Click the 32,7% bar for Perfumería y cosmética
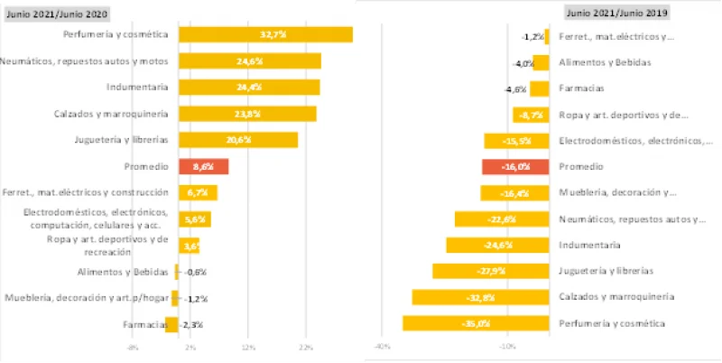[265, 34]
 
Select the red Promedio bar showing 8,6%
[203, 166]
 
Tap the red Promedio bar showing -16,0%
[516, 167]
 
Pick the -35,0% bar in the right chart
[476, 323]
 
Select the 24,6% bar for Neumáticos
[250, 60]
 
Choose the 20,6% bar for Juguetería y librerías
[238, 140]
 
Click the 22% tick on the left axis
[305, 347]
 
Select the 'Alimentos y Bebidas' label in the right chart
[605, 62]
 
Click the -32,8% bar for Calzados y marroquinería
[480, 297]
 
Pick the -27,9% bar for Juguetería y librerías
[490, 271]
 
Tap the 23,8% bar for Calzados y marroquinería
[247, 114]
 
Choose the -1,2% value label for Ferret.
[532, 37]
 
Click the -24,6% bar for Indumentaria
[497, 245]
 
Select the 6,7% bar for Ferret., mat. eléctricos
[198, 192]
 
